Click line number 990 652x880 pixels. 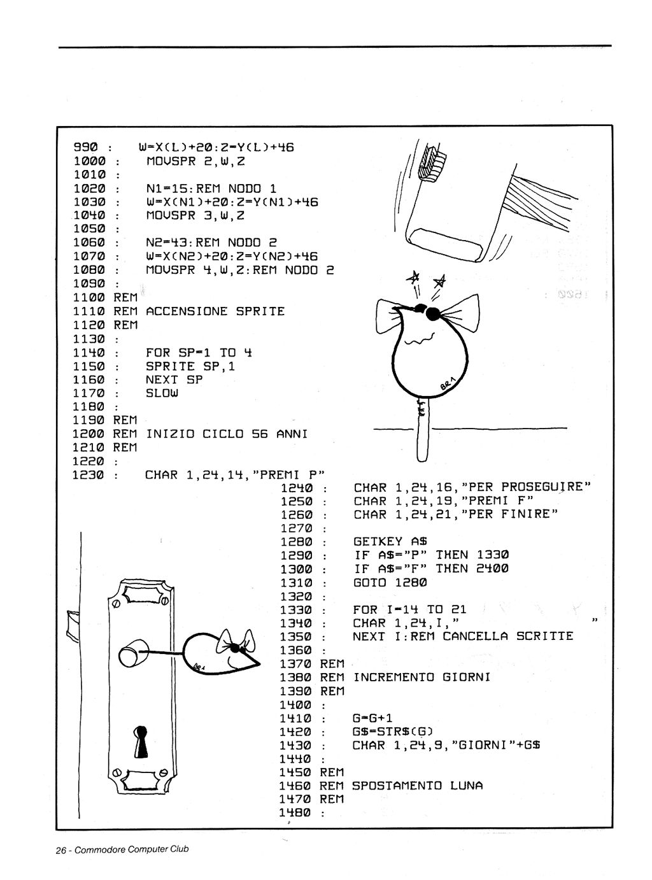tap(85, 148)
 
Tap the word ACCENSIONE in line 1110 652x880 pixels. tap(187, 311)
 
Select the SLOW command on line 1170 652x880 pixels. tap(162, 393)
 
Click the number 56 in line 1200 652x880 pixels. tap(260, 434)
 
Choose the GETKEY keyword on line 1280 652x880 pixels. tap(378, 542)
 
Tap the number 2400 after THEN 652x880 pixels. tap(492, 569)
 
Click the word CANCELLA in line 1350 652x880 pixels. tap(475, 636)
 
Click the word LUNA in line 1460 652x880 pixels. tap(466, 786)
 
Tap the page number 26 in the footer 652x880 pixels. tap(61, 850)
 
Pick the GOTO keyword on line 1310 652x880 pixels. tap(369, 583)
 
